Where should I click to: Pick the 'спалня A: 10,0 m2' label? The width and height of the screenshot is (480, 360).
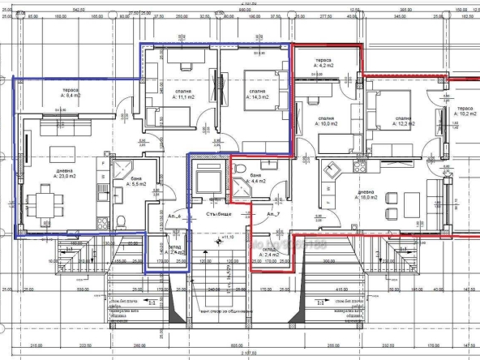(x=327, y=122)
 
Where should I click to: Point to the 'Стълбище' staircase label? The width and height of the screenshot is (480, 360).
(x=219, y=214)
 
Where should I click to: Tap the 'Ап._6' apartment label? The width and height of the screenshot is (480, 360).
(x=174, y=216)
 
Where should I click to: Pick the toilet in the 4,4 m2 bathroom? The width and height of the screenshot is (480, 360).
(x=241, y=169)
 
